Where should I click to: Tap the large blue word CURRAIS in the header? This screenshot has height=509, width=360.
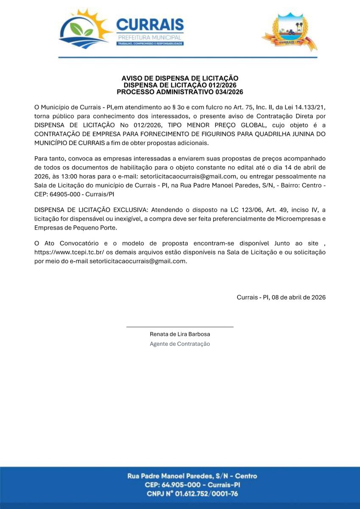[150, 25]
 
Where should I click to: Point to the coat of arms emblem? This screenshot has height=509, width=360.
[289, 32]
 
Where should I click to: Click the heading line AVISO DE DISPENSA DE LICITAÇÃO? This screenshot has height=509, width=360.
[180, 78]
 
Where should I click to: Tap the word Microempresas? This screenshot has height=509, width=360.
[299, 219]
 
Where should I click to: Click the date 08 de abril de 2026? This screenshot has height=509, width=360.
[299, 297]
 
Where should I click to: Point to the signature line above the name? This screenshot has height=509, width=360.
[180, 327]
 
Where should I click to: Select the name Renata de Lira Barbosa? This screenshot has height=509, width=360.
[180, 334]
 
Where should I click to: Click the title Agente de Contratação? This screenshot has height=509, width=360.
[180, 344]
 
